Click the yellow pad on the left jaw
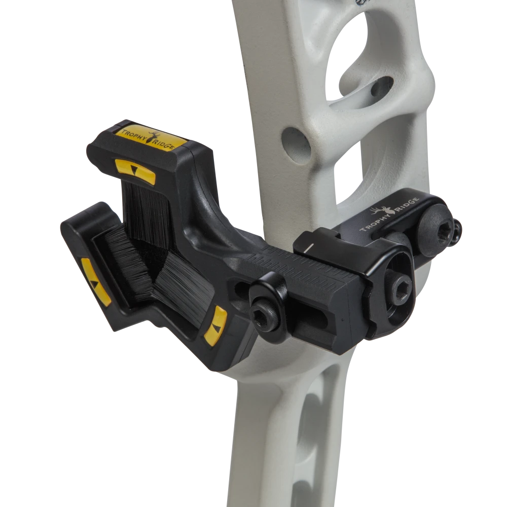(95, 281)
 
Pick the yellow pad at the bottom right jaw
(215, 325)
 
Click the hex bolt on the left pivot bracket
(264, 317)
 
